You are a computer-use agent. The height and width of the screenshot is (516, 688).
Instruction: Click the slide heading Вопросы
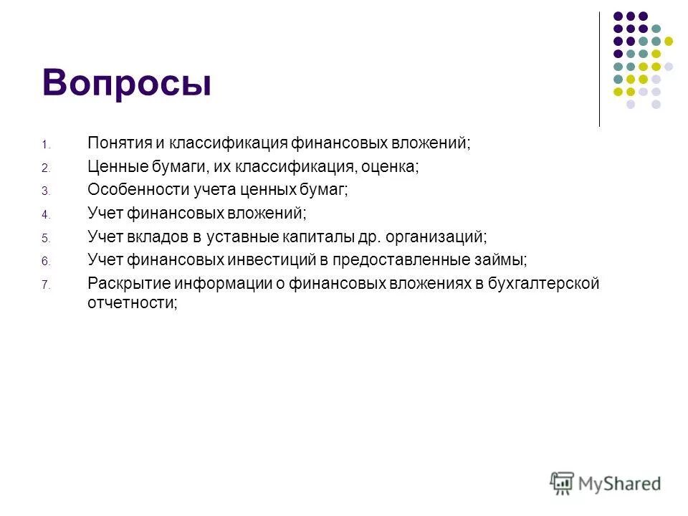[x=127, y=82]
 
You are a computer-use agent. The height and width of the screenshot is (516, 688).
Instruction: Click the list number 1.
[x=44, y=145]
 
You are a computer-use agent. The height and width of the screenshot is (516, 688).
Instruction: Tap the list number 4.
[x=44, y=214]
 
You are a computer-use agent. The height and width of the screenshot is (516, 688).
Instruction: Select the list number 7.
[x=44, y=285]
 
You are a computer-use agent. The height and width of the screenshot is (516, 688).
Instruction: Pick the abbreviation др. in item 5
[x=369, y=236]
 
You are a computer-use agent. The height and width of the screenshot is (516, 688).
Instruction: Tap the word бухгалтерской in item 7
[x=543, y=282]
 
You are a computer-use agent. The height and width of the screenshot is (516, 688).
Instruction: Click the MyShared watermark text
[x=619, y=484]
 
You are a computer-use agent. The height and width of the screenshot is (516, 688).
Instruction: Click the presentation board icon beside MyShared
[x=562, y=483]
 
